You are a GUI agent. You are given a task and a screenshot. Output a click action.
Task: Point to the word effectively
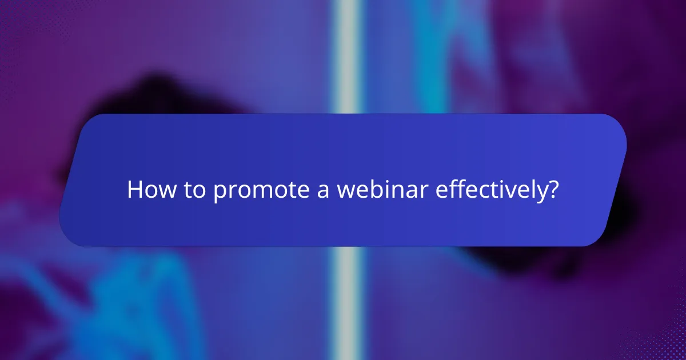489,190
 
